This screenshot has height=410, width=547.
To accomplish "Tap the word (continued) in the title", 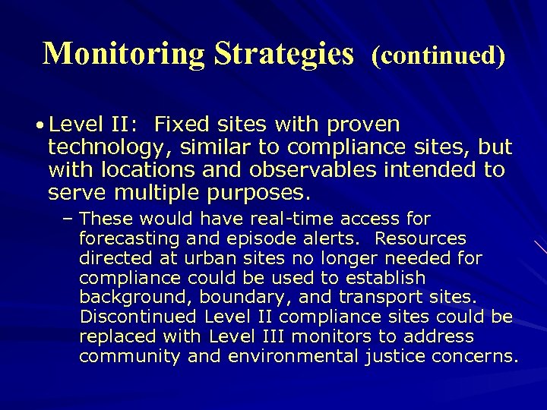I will pyautogui.click(x=438, y=55).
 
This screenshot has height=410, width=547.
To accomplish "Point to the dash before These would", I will pyautogui.click(x=67, y=220).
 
